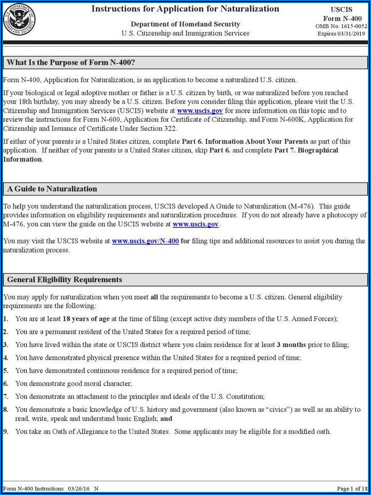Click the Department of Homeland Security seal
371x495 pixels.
[19, 20]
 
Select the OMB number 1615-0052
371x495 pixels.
[352, 26]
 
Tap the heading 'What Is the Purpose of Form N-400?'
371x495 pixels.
[71, 63]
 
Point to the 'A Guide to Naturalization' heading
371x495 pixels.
[52, 189]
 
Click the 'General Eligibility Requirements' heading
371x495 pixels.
[65, 280]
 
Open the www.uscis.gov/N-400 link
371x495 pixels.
[145, 241]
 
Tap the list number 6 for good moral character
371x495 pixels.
[6, 384]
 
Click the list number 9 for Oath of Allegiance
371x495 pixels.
[6, 431]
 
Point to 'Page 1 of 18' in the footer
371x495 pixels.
[352, 488]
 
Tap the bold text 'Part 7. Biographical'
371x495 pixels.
[306, 150]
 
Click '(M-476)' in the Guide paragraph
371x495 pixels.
[299, 206]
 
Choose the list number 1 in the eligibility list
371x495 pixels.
[6, 319]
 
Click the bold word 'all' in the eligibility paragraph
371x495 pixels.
[154, 297]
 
